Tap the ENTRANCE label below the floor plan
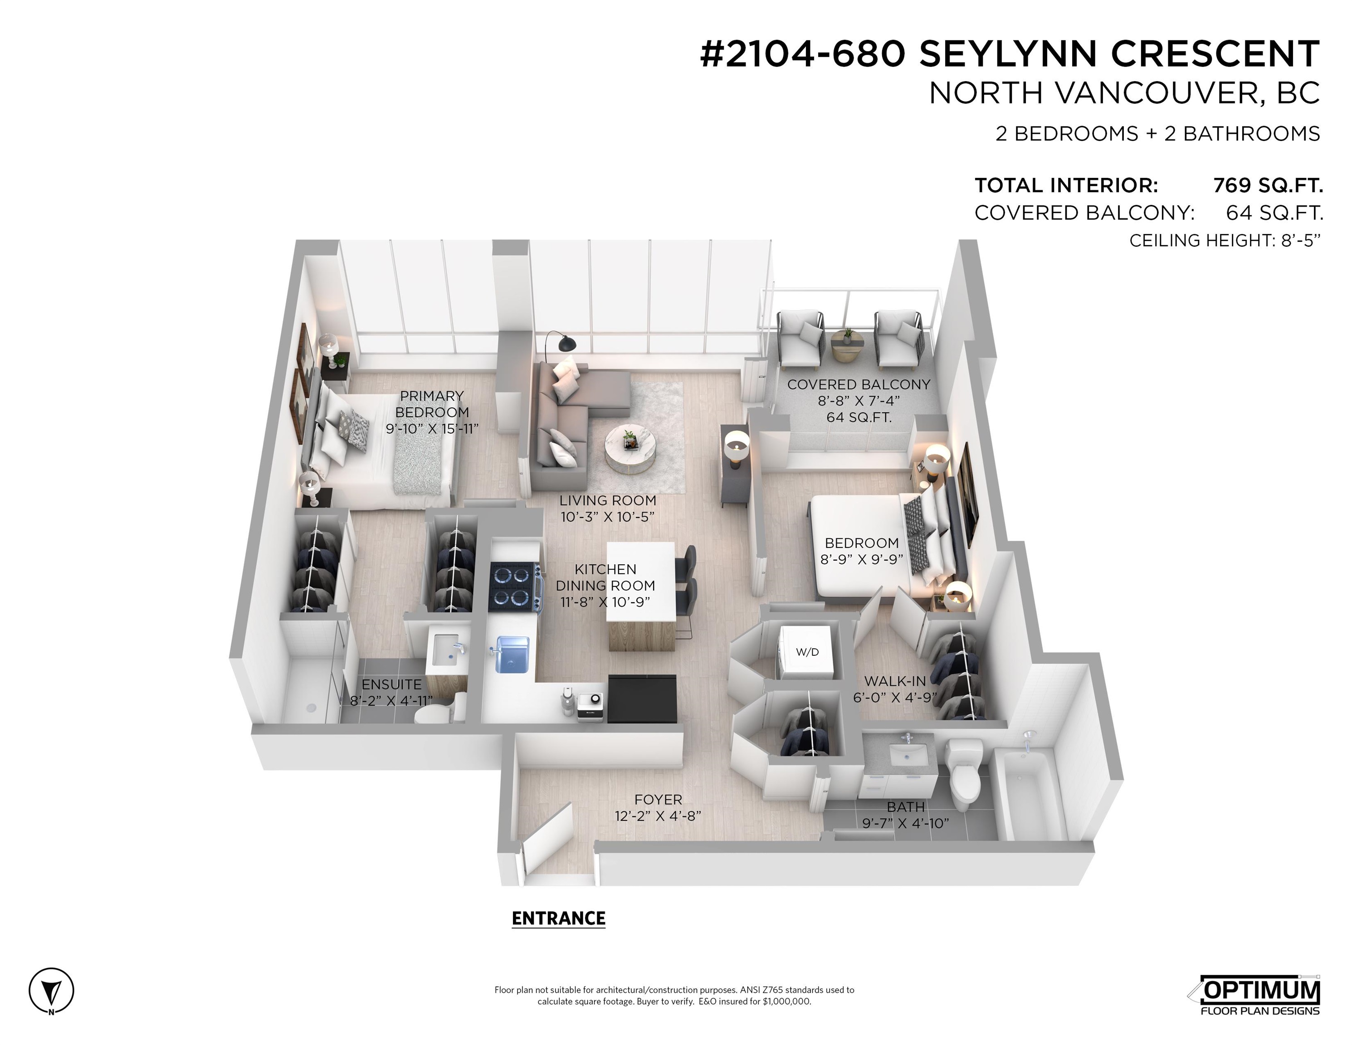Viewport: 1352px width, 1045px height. pos(558,918)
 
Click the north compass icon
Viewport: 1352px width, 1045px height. pos(51,990)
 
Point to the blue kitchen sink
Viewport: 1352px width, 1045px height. pos(512,654)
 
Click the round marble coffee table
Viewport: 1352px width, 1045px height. pos(630,448)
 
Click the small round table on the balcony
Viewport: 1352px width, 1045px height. pos(846,346)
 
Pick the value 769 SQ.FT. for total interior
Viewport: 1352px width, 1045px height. pos(1267,185)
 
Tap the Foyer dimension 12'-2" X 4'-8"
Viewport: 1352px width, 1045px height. pos(658,816)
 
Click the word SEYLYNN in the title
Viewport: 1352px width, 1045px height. pos(1009,54)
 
